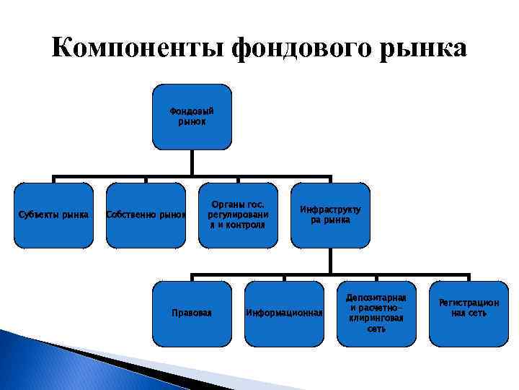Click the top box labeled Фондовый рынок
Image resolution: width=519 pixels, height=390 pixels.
(192, 117)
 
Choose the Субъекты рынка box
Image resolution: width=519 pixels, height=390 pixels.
(53, 215)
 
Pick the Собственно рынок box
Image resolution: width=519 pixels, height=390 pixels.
(146, 215)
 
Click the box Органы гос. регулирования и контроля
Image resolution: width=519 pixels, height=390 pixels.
(237, 215)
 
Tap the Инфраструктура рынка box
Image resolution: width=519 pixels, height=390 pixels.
(330, 215)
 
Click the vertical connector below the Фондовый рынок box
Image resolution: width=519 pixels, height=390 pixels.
(192, 162)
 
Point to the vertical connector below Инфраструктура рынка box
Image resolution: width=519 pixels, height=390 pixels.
(330, 261)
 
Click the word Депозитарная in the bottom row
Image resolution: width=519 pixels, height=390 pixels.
(376, 298)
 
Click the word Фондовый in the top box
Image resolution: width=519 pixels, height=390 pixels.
(192, 111)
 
